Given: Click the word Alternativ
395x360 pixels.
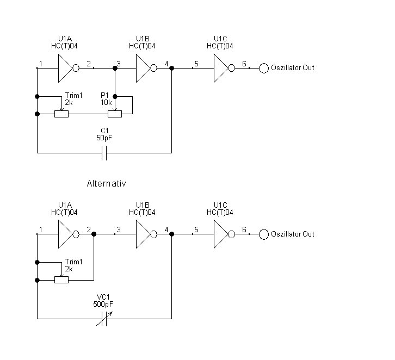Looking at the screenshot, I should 106,184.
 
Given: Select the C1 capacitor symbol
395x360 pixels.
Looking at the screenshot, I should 104,156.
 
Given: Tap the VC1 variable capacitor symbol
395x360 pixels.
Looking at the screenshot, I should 104,321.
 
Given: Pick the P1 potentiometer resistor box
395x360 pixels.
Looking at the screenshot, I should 115,114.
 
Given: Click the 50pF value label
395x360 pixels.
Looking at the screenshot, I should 104,139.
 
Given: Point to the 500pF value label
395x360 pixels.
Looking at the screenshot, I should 103,303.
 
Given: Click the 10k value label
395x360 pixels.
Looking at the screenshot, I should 106,102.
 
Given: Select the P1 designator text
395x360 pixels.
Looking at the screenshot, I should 106,95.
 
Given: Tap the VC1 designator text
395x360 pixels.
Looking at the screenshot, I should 103,296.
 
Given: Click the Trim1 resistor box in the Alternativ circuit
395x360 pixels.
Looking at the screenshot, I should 61,280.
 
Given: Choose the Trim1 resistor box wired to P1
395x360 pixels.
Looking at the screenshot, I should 61,114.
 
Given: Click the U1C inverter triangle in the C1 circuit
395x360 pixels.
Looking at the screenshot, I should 221,69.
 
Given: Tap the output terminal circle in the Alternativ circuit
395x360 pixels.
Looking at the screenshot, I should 263,234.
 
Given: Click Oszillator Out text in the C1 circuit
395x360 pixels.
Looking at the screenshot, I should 293,68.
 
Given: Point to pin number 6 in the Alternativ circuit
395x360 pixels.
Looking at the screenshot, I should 244,229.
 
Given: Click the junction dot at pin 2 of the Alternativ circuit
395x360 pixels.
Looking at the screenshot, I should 94,234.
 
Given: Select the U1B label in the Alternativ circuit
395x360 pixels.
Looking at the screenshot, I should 143,204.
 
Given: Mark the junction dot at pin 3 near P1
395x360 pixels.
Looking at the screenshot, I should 115,69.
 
